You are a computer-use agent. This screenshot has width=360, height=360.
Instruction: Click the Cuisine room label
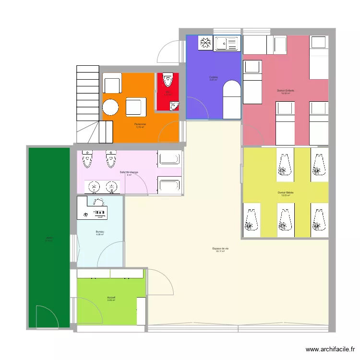pos(213,77)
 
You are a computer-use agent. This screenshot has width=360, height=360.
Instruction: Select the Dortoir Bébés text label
pos(286,193)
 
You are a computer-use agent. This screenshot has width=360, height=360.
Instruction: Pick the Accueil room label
pos(111,298)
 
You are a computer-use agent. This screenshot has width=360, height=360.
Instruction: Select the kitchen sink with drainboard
pos(227,44)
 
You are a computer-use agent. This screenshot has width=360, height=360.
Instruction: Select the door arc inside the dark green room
pos(47,317)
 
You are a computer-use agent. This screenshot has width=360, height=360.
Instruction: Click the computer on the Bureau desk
pos(99,212)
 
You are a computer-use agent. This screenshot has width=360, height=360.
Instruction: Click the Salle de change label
pos(129,172)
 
